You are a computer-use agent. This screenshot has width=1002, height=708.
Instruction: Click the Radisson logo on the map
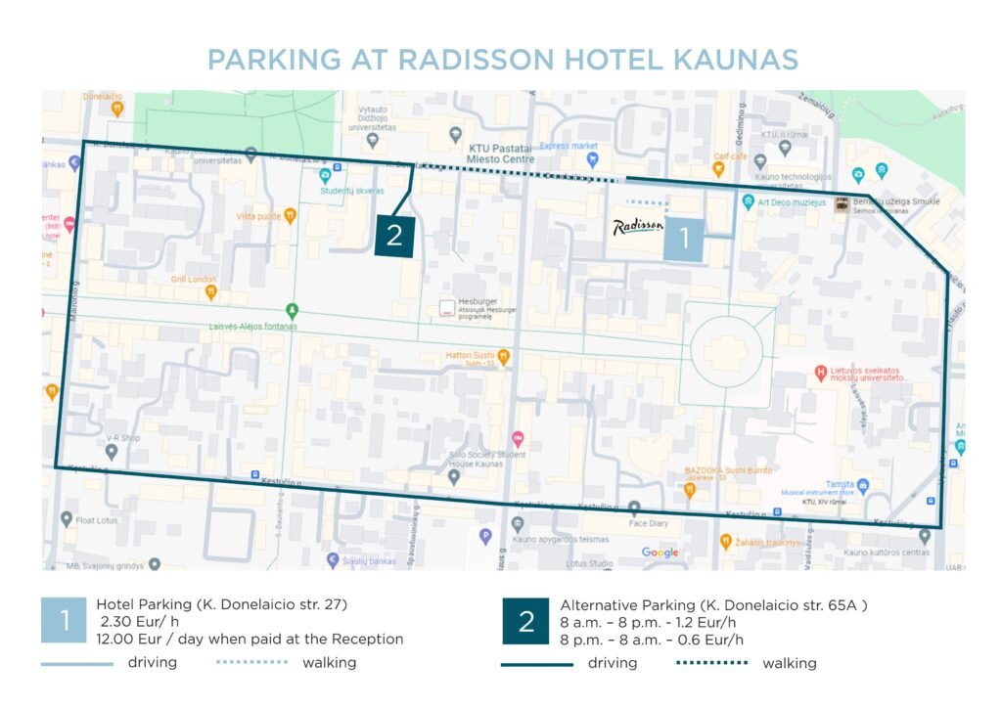[638, 228]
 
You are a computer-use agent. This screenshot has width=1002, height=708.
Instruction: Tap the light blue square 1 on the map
[684, 238]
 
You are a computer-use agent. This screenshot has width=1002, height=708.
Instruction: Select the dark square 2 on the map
[395, 237]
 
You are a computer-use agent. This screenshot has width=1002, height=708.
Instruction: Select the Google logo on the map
[660, 553]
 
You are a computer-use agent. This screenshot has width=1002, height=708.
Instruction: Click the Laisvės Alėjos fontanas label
[252, 325]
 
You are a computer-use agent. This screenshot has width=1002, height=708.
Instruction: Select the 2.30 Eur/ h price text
[139, 622]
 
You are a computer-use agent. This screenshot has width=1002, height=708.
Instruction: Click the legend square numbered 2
[526, 621]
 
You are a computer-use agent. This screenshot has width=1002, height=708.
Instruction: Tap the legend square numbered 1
[65, 621]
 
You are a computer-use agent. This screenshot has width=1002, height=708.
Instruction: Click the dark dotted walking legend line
[711, 663]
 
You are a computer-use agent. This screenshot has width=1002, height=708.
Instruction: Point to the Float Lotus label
[97, 520]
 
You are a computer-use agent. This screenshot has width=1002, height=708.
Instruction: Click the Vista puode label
[258, 216]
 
